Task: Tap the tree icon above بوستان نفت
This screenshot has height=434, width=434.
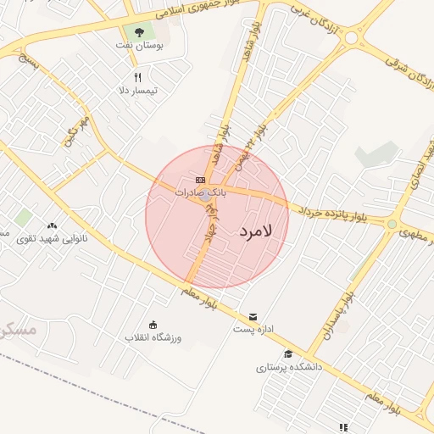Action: point(140,32)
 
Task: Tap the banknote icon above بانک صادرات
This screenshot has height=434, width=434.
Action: point(200,180)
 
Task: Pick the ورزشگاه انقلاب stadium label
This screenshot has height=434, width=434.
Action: point(153,337)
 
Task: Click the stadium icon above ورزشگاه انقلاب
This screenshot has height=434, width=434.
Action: point(153,324)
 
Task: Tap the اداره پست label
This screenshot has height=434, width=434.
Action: point(253,330)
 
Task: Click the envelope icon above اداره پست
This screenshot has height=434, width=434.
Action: point(253,317)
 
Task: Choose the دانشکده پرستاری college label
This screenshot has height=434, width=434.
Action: point(288,368)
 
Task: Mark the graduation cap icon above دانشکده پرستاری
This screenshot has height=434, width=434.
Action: point(288,354)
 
